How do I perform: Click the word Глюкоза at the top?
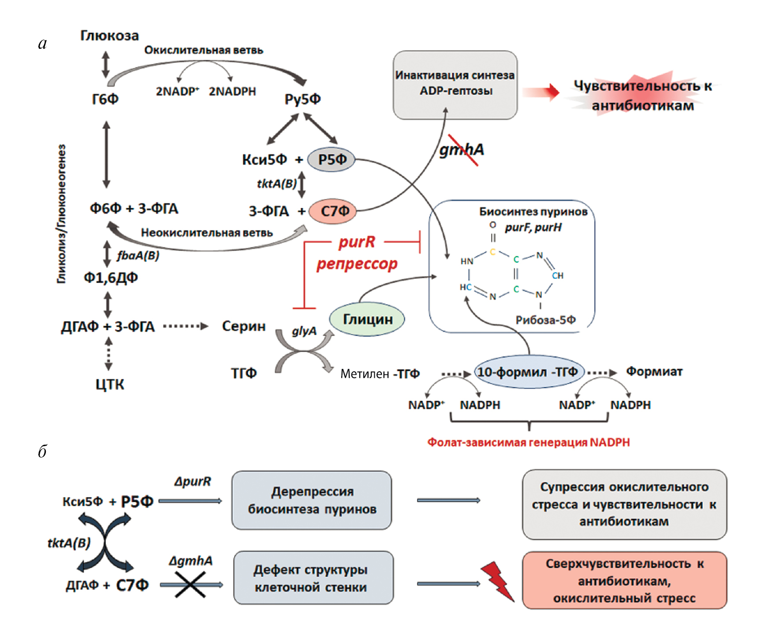coord(109,36)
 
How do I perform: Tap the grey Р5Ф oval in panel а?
coord(332,159)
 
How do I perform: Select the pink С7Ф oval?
coord(333,211)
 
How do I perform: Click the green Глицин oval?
coord(367,319)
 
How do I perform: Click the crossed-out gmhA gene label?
coord(462,150)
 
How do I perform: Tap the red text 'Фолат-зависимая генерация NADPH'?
coord(528,442)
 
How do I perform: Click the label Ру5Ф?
coord(302,99)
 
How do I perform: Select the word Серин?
coord(243,326)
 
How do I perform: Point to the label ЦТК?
coord(110,384)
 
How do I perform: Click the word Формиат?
coord(654,372)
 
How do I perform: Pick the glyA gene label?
coord(304,331)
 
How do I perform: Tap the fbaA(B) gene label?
coord(138,255)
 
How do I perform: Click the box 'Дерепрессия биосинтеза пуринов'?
coord(312,500)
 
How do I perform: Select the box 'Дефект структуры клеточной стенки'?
coord(313,578)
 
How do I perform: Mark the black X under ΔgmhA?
coord(190,584)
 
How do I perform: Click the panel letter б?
coord(42,452)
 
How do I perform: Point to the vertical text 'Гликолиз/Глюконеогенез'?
coord(62,214)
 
